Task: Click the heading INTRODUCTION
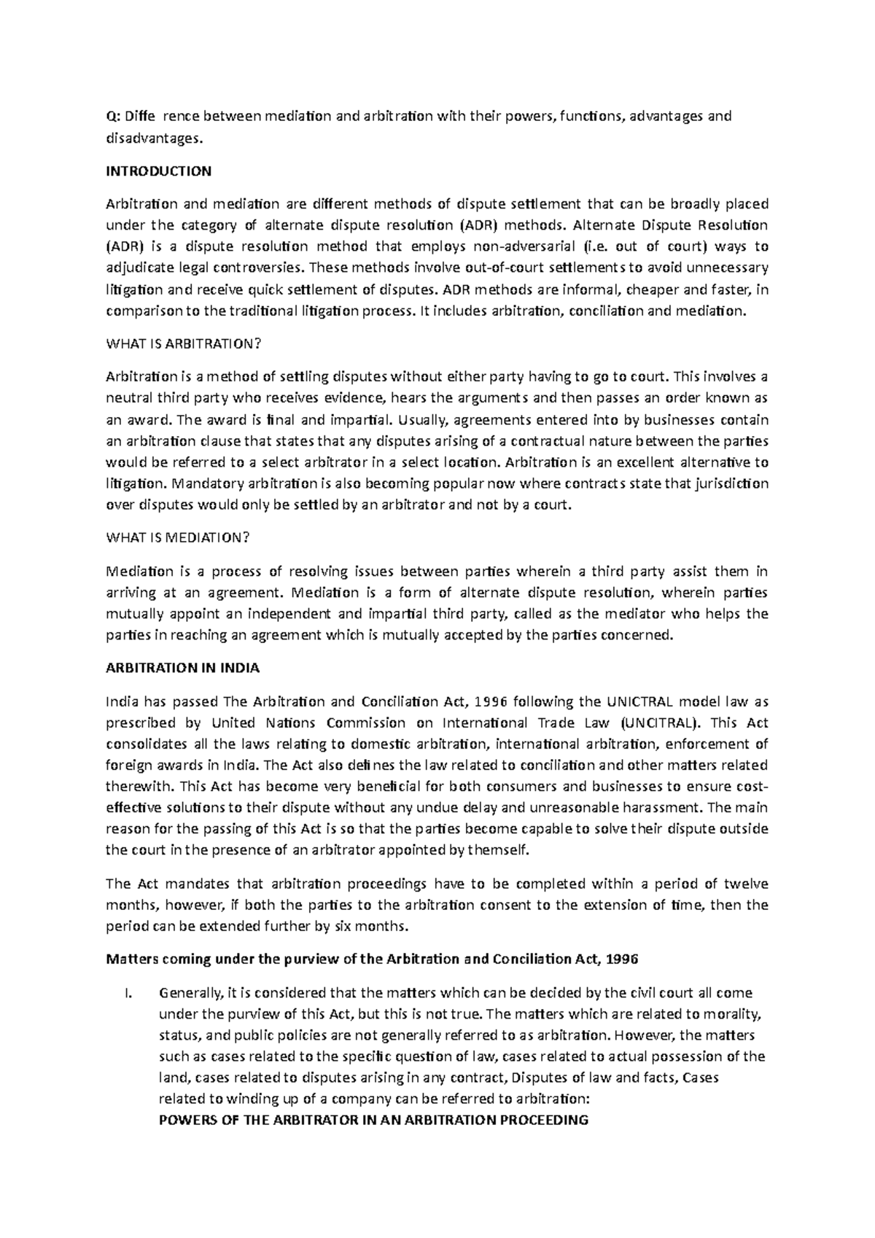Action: pyautogui.click(x=158, y=171)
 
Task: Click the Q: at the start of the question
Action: pyautogui.click(x=113, y=116)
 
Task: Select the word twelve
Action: pyautogui.click(x=745, y=884)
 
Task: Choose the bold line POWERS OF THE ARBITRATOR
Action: pyautogui.click(x=373, y=1120)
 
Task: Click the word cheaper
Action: pyautogui.click(x=651, y=289)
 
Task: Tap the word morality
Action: pyautogui.click(x=736, y=1013)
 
